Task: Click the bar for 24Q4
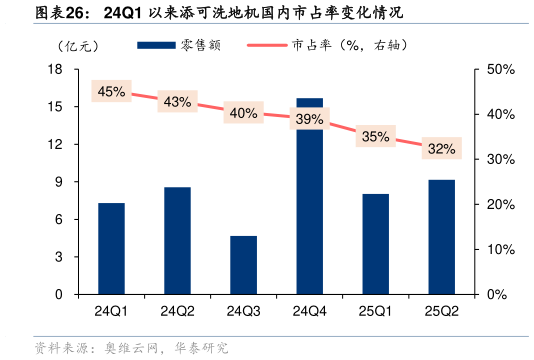(310, 196)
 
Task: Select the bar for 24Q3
(244, 265)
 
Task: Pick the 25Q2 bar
(441, 237)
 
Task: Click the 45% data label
(111, 91)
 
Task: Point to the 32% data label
(441, 149)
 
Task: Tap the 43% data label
(177, 102)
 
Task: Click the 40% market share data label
(244, 113)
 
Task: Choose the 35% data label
(375, 137)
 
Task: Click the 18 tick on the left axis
(56, 69)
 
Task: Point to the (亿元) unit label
(79, 46)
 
